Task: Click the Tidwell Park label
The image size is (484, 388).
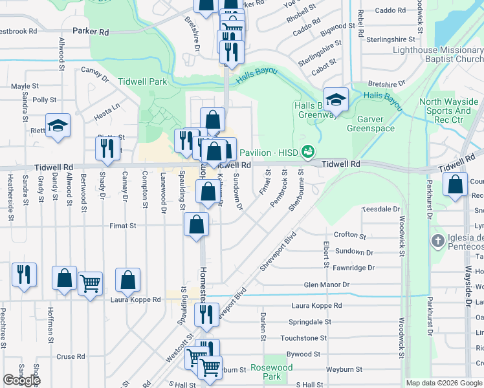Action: click(x=142, y=81)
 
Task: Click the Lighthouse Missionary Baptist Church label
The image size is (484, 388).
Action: click(x=437, y=54)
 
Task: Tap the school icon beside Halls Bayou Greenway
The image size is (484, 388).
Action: click(x=336, y=99)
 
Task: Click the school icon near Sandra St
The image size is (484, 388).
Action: click(x=58, y=125)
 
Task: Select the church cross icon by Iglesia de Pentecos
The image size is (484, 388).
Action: click(x=437, y=241)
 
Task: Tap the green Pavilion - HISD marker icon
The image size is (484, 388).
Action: click(x=308, y=153)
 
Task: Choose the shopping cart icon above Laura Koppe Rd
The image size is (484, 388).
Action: click(x=90, y=283)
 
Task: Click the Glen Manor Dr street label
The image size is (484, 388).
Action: click(x=327, y=285)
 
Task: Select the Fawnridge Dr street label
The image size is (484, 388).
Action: click(x=353, y=268)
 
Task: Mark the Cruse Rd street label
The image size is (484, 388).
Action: click(x=71, y=356)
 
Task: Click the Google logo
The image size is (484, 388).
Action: click(x=21, y=380)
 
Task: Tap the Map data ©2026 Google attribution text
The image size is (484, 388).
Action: click(x=443, y=383)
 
